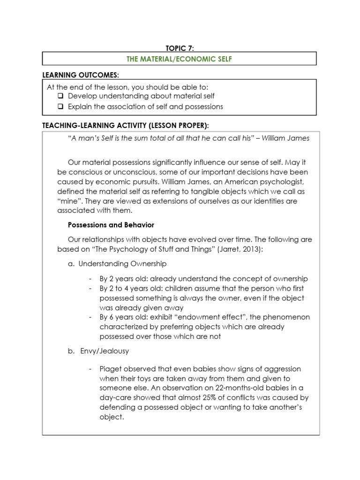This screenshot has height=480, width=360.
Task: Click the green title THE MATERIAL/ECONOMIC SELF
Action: (x=180, y=59)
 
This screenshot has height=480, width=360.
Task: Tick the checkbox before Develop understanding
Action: (x=60, y=96)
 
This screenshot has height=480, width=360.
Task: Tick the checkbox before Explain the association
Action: (x=60, y=106)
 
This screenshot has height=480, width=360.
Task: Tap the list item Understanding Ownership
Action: (x=122, y=264)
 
